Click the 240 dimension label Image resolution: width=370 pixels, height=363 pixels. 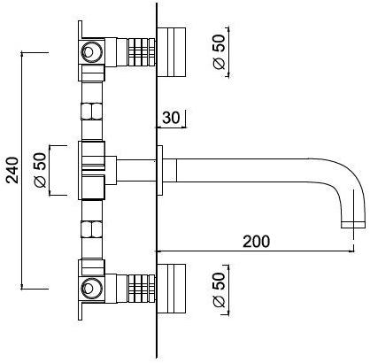tap(12, 170)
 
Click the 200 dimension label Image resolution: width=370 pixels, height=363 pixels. tap(256, 242)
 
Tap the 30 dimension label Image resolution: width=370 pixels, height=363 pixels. tap(171, 118)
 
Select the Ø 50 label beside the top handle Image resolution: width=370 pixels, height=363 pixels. tap(219, 52)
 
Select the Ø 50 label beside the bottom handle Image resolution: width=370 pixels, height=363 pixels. tap(219, 290)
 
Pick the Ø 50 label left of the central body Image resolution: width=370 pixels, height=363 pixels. tap(40, 170)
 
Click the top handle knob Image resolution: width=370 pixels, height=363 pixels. tap(171, 52)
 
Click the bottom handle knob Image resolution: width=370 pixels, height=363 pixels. tap(171, 289)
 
